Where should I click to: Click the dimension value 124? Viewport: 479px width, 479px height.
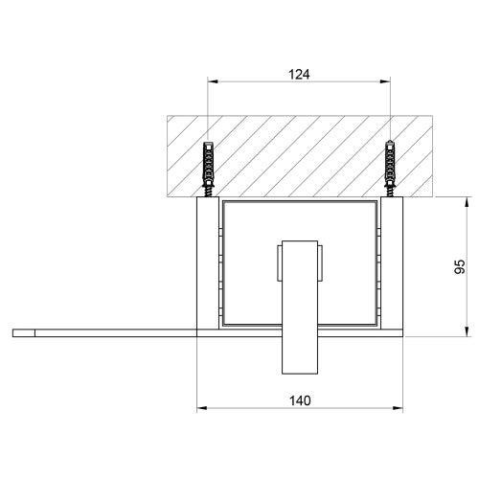299,71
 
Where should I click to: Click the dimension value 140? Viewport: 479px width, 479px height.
299,403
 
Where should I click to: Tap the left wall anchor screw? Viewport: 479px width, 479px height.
207,169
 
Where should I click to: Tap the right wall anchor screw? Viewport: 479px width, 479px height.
389,169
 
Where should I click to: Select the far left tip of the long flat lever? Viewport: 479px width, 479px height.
15,332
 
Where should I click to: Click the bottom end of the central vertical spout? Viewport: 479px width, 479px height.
299,374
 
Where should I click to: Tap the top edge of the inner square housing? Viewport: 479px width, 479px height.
299,203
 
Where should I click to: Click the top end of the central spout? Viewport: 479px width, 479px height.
299,240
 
